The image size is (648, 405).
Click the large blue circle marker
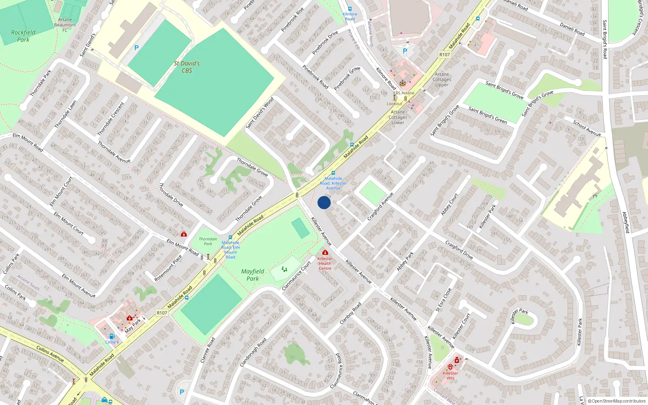[324, 202]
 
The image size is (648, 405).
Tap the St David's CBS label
[187, 67]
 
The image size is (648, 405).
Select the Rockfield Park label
[23, 36]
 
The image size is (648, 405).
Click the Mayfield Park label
[252, 275]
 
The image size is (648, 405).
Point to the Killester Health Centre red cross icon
[325, 252]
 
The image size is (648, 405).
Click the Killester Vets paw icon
[450, 367]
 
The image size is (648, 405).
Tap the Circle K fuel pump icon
[112, 336]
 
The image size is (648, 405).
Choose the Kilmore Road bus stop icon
[350, 9]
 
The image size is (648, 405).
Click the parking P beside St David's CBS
[136, 48]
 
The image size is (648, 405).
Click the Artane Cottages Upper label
[442, 79]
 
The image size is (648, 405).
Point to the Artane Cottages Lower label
[398, 117]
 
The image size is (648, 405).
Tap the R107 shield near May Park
[162, 313]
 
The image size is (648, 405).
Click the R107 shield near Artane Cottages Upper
[444, 55]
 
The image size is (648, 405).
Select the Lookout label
[394, 104]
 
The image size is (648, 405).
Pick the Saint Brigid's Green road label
[488, 115]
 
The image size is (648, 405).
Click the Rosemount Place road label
[168, 268]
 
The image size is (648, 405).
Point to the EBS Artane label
[404, 93]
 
